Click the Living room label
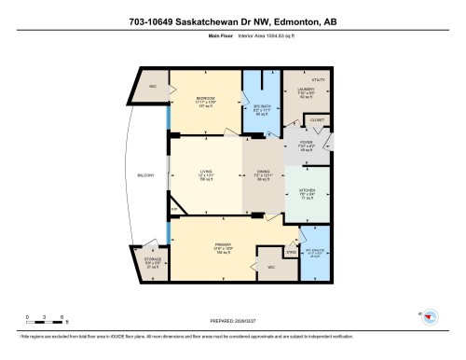(205, 172)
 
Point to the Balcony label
(145, 174)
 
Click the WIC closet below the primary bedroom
(271, 268)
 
